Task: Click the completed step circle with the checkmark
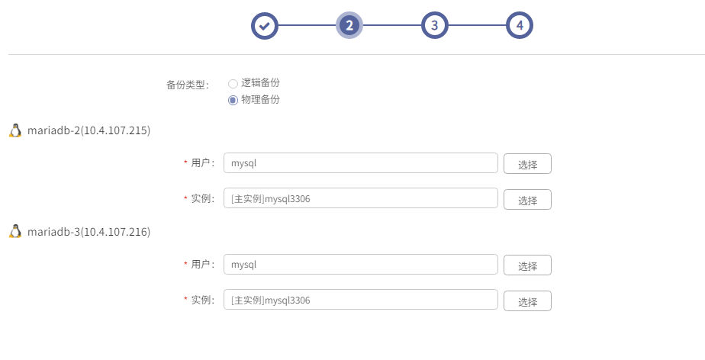pyautogui.click(x=264, y=26)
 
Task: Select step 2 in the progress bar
pyautogui.click(x=349, y=26)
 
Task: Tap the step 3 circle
pyautogui.click(x=434, y=26)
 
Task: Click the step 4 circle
pyautogui.click(x=520, y=26)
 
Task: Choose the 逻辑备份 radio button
pyautogui.click(x=233, y=84)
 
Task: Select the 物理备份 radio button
pyautogui.click(x=233, y=100)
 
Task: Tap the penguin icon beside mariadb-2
pyautogui.click(x=15, y=130)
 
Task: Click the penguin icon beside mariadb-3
pyautogui.click(x=15, y=231)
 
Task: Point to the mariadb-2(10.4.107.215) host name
pyautogui.click(x=89, y=130)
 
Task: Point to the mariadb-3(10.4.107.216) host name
pyautogui.click(x=89, y=232)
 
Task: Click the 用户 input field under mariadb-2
pyautogui.click(x=361, y=162)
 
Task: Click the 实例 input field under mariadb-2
pyautogui.click(x=361, y=198)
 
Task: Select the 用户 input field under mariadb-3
pyautogui.click(x=361, y=264)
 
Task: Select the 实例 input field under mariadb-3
pyautogui.click(x=361, y=300)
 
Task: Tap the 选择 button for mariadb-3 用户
pyautogui.click(x=527, y=265)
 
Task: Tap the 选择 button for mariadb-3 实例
pyautogui.click(x=527, y=301)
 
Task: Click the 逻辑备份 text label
pyautogui.click(x=260, y=82)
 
